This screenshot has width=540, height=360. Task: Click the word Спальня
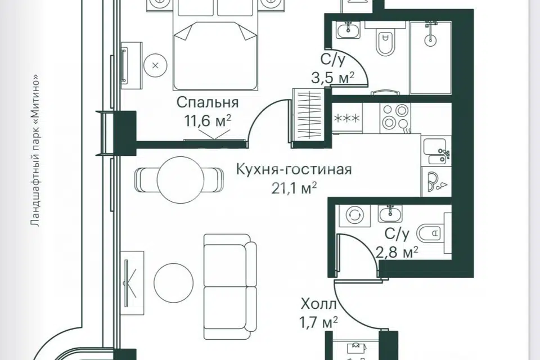click(x=208, y=103)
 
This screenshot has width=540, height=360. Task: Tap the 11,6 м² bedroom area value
click(x=208, y=121)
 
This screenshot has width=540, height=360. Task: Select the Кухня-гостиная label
click(x=294, y=170)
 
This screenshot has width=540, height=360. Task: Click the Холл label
click(x=318, y=304)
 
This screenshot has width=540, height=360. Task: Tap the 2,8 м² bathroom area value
click(x=397, y=252)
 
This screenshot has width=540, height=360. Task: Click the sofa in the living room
click(x=230, y=287)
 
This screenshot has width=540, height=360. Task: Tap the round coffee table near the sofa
click(x=174, y=282)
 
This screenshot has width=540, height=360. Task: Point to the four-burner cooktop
click(x=395, y=118)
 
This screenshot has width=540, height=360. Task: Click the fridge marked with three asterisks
click(x=348, y=118)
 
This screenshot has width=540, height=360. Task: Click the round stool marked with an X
click(x=155, y=65)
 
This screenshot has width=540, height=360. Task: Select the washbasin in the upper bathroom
click(x=349, y=30)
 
